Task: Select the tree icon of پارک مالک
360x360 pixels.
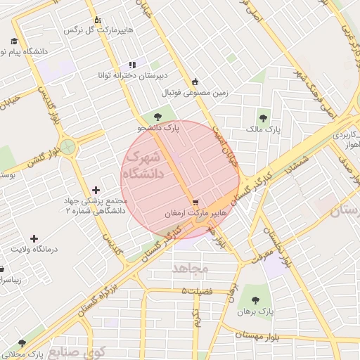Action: tap(264, 117)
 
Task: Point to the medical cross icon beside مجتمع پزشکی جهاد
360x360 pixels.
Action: tap(96, 189)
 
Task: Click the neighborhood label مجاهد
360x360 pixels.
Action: tap(187, 268)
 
